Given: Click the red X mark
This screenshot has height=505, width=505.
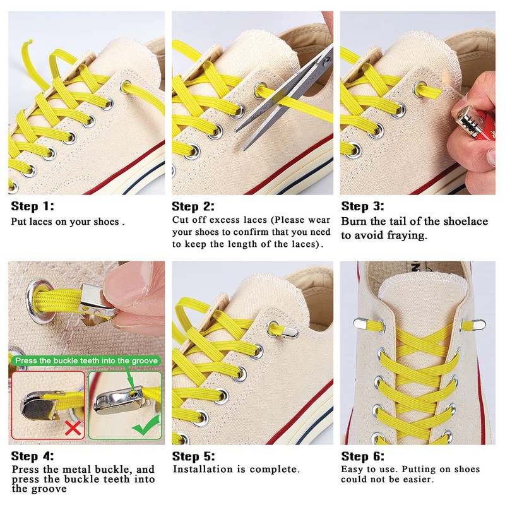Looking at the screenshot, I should tap(74, 429).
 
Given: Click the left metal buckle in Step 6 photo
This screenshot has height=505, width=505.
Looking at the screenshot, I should tap(362, 324).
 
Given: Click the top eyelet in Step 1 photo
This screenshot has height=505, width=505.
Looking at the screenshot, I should tap(125, 86).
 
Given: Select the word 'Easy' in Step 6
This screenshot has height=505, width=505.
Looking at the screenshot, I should tap(353, 470).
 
